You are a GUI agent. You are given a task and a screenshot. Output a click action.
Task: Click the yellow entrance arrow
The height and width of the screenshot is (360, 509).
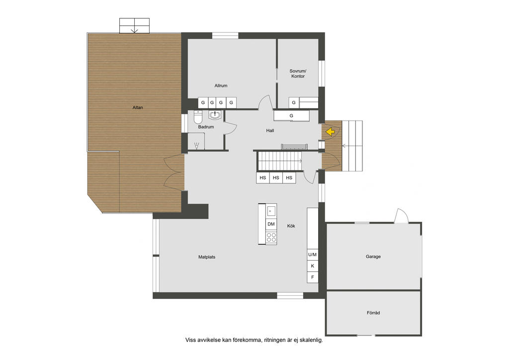[x=331, y=131]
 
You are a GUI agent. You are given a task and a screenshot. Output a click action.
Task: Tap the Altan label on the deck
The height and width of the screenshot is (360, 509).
[x=138, y=107]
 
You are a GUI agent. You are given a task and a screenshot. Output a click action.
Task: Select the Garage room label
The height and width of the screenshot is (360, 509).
[x=373, y=257]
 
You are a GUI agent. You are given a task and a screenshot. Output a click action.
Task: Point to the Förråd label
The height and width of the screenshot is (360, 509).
[x=373, y=313]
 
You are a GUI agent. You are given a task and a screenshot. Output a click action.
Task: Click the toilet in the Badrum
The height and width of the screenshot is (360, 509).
[x=198, y=117]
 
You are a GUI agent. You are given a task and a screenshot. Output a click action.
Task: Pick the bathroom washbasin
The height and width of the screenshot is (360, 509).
[x=215, y=114]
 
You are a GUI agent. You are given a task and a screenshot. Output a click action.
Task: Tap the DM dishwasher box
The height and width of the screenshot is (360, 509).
[x=271, y=224]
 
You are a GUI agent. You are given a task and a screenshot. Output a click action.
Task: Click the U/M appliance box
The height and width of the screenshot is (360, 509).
[x=312, y=255]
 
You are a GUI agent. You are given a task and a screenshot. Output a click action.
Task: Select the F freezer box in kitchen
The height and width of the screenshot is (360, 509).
[x=313, y=277]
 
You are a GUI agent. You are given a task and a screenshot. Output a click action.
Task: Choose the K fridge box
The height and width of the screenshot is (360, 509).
[x=313, y=266]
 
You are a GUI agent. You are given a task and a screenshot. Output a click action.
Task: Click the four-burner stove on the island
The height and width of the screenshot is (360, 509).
[x=271, y=237]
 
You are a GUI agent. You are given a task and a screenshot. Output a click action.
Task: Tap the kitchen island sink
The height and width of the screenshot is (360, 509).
[x=271, y=211]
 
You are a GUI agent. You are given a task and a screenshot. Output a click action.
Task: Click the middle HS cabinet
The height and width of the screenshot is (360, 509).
[x=276, y=178]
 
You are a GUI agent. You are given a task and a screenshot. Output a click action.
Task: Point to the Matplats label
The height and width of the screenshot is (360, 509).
[x=207, y=257]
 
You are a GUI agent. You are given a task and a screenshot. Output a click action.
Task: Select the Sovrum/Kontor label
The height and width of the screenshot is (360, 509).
[x=298, y=74]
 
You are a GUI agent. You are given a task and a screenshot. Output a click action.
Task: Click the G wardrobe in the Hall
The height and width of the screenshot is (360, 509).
[x=291, y=115]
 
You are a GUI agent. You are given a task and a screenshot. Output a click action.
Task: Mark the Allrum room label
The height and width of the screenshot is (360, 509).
[x=221, y=86]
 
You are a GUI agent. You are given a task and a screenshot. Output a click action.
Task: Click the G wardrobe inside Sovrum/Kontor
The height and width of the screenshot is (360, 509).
[x=294, y=103]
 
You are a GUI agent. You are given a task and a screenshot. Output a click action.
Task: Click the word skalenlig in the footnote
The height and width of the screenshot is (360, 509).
[x=311, y=340]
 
